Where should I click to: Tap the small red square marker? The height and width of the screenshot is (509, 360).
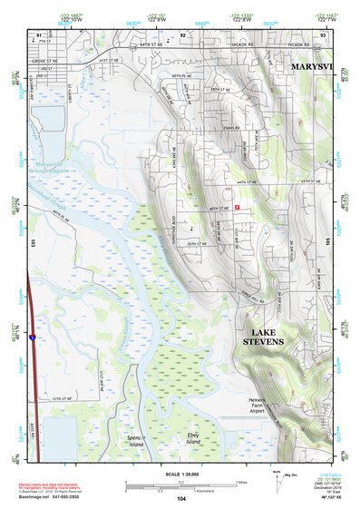(x=237, y=207)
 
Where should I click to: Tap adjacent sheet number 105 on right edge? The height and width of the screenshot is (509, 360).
(x=326, y=243)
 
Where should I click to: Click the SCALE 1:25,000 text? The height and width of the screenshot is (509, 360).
(x=181, y=475)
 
